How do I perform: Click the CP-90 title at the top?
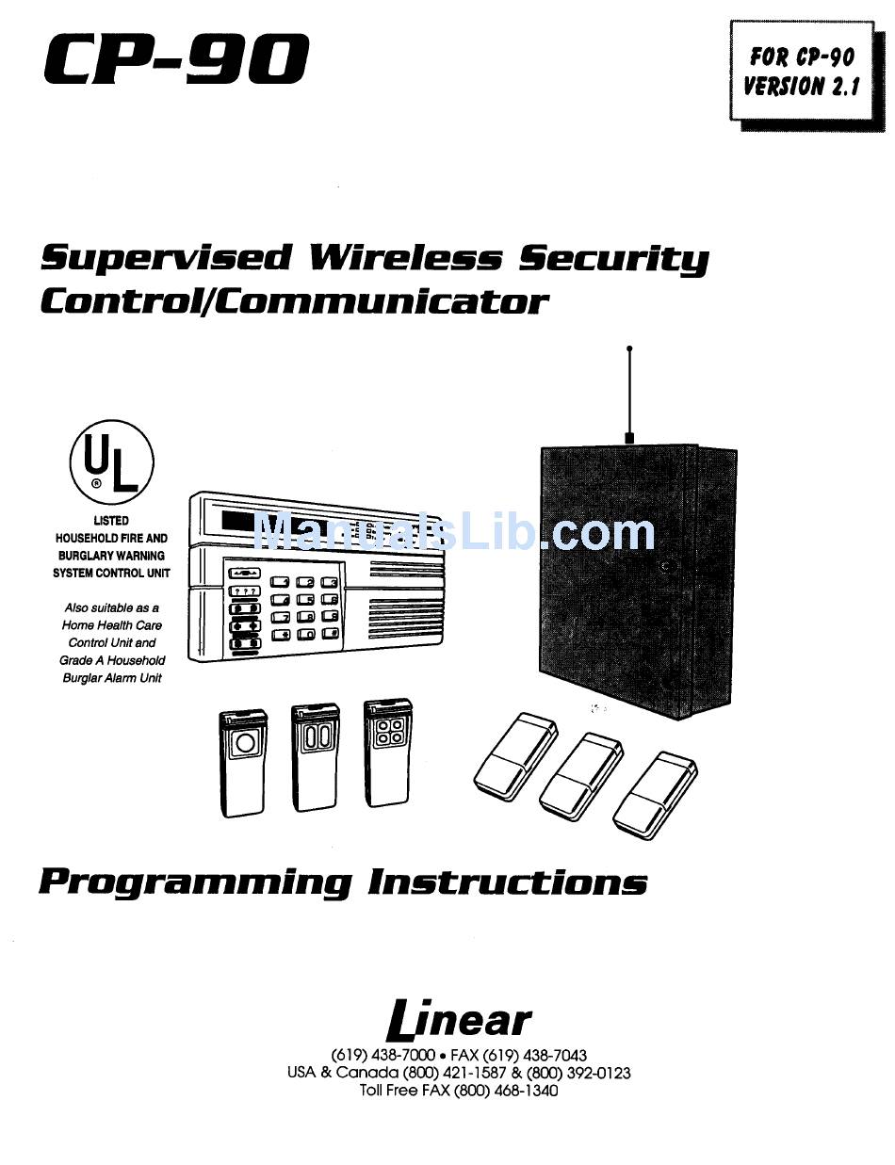[x=176, y=59]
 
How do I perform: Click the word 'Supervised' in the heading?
[x=167, y=258]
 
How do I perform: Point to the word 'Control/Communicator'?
[x=293, y=301]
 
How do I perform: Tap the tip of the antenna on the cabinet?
[x=629, y=349]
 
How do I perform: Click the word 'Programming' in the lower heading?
[x=195, y=883]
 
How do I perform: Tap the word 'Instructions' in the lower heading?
[x=507, y=882]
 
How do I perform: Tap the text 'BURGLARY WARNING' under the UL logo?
[x=111, y=556]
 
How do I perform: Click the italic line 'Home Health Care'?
[x=112, y=625]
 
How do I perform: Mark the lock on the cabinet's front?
[x=665, y=567]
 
